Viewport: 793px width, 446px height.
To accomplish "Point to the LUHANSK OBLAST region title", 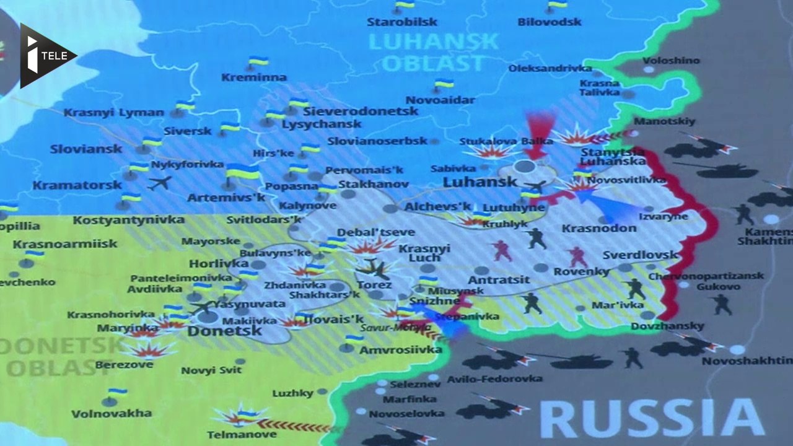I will [433, 52].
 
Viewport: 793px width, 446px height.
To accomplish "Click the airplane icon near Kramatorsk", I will [160, 183].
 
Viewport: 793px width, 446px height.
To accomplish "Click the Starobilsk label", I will [401, 22].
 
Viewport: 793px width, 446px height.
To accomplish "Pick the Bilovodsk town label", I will [550, 22].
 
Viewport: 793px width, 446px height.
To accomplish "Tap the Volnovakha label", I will [112, 413].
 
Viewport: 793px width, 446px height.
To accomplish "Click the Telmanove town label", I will [242, 434].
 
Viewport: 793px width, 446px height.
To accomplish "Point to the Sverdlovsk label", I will [640, 255].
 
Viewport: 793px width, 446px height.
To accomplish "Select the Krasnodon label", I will [598, 229].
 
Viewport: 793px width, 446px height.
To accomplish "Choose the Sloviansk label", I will [86, 149].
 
